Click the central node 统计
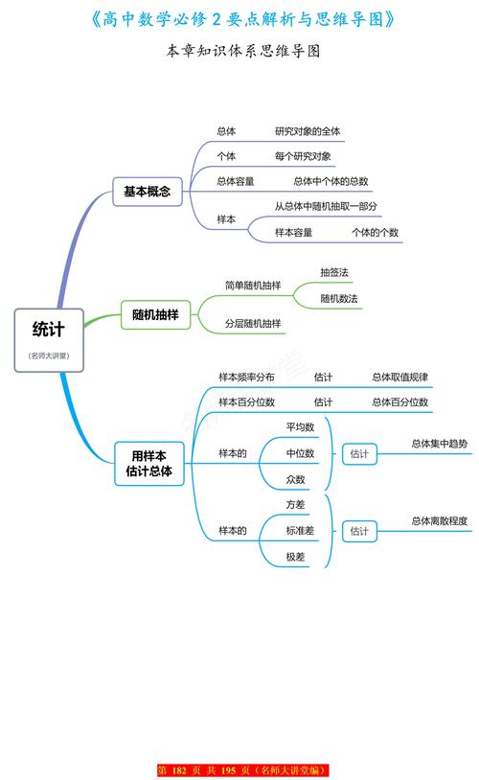click(x=49, y=330)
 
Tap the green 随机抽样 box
click(x=154, y=314)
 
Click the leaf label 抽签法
click(x=335, y=272)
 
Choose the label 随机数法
click(x=339, y=299)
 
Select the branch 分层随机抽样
click(x=253, y=324)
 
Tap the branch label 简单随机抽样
click(x=253, y=286)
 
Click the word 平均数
click(x=301, y=426)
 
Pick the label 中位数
click(x=301, y=453)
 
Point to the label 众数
click(x=295, y=479)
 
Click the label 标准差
click(x=301, y=530)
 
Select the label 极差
click(x=295, y=557)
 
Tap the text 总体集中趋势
click(x=440, y=444)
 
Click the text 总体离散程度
click(x=440, y=521)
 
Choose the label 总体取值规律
click(x=400, y=377)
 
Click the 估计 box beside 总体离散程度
click(x=359, y=530)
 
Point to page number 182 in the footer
click(x=179, y=770)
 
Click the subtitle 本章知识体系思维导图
click(x=239, y=52)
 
